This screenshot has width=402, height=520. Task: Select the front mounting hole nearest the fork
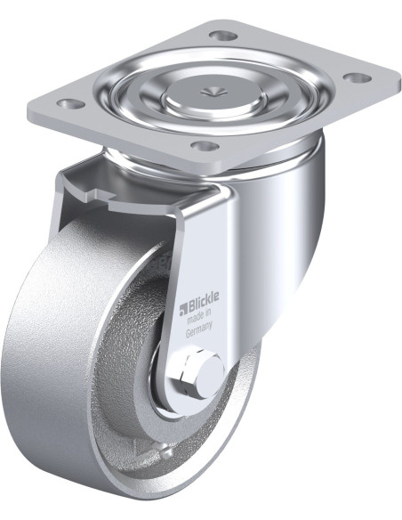point(205,145)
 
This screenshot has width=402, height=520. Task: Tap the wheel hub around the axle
point(169,392)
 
